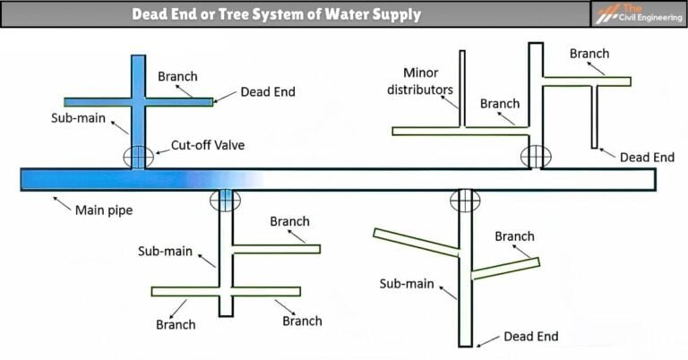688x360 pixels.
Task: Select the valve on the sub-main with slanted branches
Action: [x=465, y=201]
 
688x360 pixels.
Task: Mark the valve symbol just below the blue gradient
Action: [x=225, y=200]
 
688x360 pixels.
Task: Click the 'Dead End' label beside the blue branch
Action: [x=267, y=91]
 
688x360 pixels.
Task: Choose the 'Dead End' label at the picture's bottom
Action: [x=530, y=337]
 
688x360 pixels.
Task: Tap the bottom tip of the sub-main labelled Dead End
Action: [x=465, y=344]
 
